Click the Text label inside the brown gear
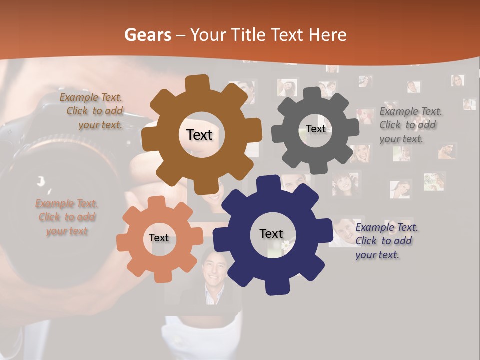(x=199, y=135)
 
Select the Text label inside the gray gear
(x=315, y=129)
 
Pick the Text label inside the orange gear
(x=158, y=238)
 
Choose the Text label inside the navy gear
(x=271, y=233)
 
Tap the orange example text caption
(x=66, y=217)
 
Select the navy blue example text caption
(x=385, y=241)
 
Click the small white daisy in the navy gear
(x=285, y=245)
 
